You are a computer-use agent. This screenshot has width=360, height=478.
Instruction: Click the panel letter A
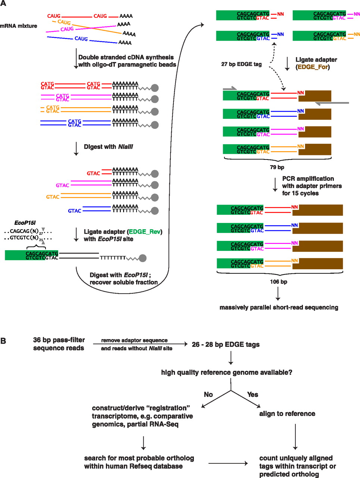click(x=3, y=3)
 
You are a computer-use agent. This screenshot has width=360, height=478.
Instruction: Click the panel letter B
click(x=3, y=341)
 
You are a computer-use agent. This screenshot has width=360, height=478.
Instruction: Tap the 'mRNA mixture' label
click(x=19, y=26)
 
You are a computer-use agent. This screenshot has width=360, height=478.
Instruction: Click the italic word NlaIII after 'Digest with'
click(x=125, y=147)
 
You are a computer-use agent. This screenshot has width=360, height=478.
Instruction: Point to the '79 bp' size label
click(x=277, y=167)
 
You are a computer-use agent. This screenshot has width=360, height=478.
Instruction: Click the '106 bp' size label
click(x=278, y=282)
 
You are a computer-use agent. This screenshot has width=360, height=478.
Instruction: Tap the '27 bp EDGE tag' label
click(x=241, y=64)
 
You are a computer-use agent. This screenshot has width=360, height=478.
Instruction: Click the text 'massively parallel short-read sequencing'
click(x=279, y=307)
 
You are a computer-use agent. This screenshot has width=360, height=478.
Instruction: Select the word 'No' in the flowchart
click(x=208, y=394)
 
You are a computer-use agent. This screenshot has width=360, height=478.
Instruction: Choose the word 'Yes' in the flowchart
click(x=253, y=394)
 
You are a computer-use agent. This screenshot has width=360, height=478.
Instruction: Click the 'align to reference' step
click(x=287, y=413)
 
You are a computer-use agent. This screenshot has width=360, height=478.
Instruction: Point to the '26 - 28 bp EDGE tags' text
click(x=226, y=344)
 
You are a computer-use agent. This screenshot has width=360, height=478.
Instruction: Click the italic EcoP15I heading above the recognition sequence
click(x=25, y=223)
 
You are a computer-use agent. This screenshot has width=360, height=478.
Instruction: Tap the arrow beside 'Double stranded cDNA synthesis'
click(x=76, y=58)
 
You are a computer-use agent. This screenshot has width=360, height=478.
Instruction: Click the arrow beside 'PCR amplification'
click(x=275, y=185)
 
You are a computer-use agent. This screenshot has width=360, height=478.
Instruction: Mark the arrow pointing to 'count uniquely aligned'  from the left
click(x=228, y=463)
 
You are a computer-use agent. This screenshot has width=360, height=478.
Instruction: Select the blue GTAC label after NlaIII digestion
click(x=75, y=211)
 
